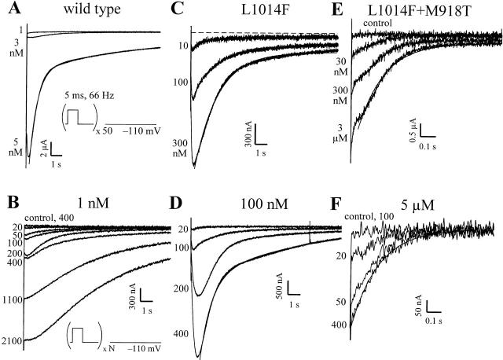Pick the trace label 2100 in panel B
click(x=12, y=340)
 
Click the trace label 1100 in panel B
click(x=12, y=299)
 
